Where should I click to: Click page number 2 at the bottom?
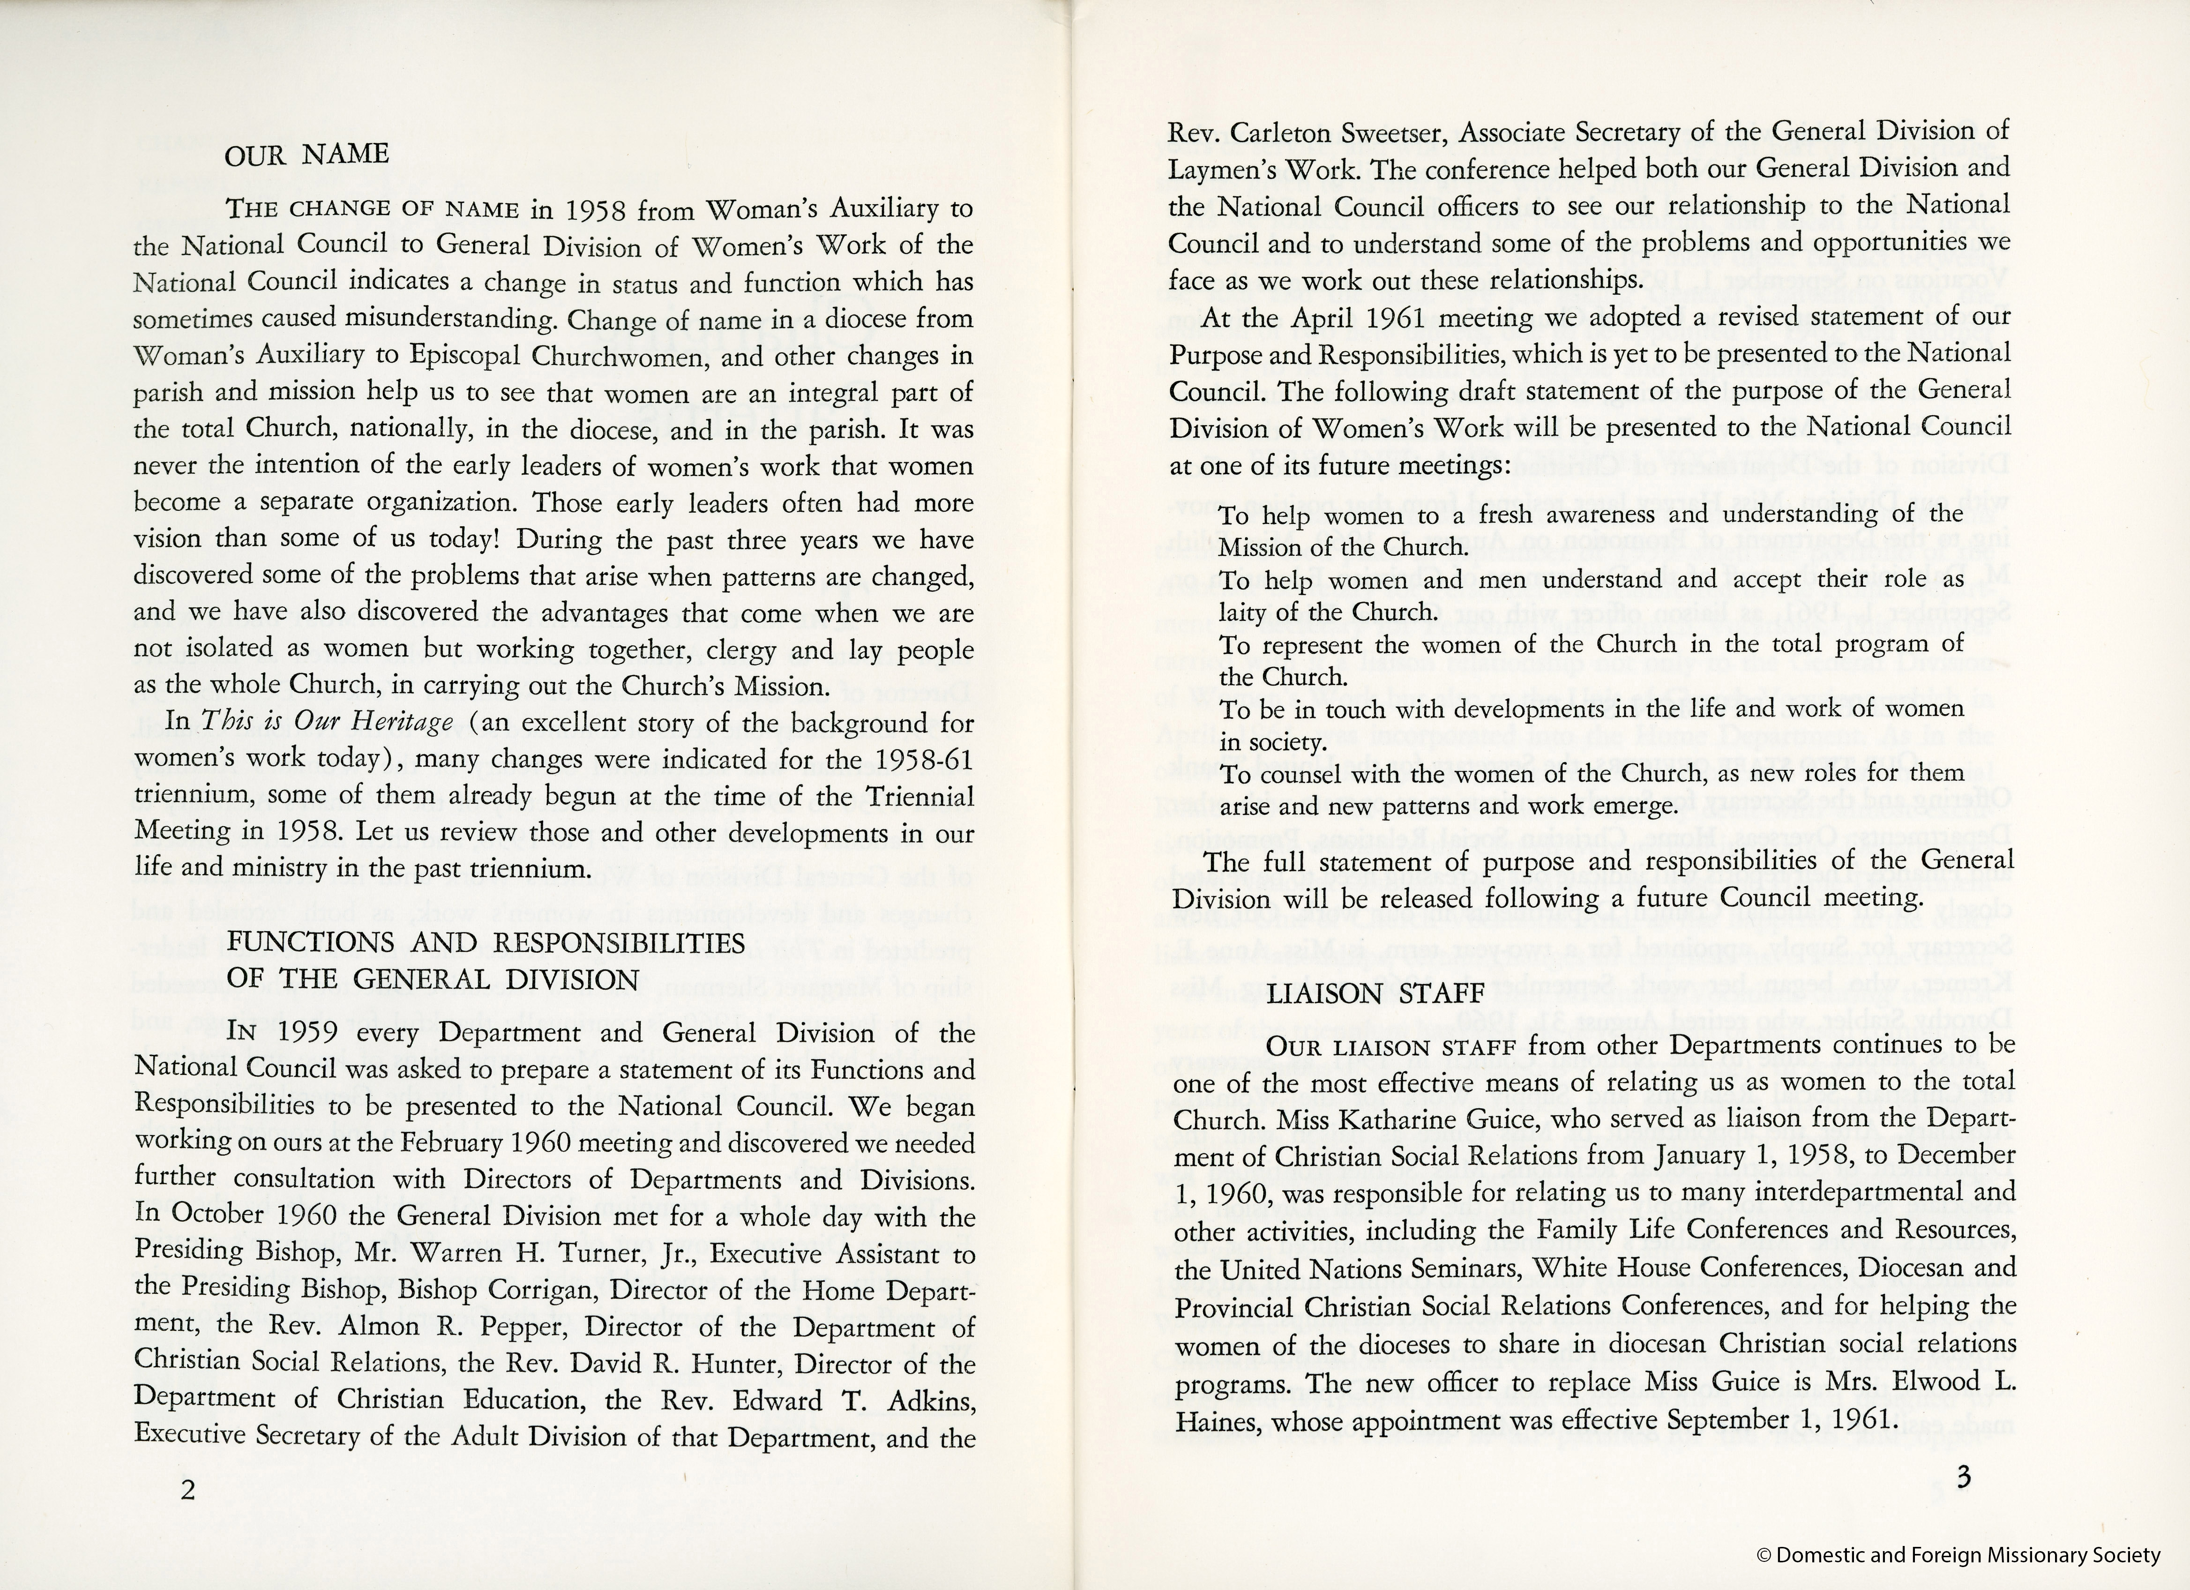coord(187,1490)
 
